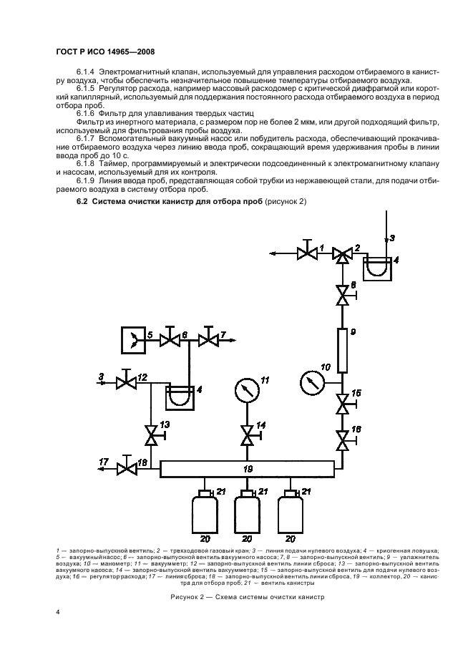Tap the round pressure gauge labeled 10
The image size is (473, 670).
coord(312,381)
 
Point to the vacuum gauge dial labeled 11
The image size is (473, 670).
coord(247,390)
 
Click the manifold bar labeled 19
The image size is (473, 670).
coord(247,468)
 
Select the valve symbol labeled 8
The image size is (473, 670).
coord(342,294)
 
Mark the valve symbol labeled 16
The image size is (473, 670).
coord(342,437)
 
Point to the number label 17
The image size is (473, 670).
coord(104,462)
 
